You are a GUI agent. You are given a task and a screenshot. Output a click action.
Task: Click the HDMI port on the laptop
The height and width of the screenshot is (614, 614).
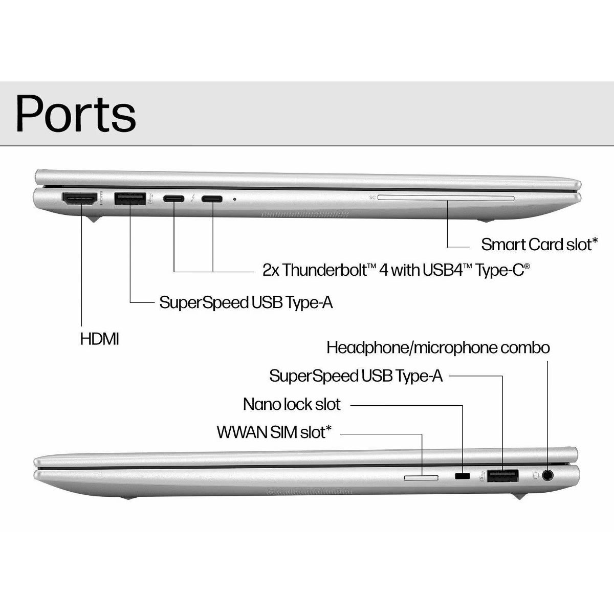(x=79, y=199)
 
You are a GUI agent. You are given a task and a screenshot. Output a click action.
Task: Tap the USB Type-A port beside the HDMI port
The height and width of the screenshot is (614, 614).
(x=130, y=199)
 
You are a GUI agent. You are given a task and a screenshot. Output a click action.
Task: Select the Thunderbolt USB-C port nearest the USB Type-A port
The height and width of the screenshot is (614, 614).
(x=174, y=199)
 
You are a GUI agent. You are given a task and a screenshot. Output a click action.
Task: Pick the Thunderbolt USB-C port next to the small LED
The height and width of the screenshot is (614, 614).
(x=212, y=199)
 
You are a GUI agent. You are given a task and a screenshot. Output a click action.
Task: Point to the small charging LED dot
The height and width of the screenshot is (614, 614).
(x=235, y=199)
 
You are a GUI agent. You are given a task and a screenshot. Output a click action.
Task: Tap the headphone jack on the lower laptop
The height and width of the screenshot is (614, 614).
(x=548, y=475)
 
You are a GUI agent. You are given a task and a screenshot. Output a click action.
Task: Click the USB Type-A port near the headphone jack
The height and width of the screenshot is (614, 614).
(x=502, y=476)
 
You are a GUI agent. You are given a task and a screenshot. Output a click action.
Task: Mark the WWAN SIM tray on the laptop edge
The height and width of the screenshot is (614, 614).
(x=422, y=477)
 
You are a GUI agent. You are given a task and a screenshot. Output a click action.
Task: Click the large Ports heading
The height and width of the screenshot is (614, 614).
(x=76, y=114)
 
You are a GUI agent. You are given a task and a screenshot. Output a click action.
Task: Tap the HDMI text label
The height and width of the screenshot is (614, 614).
(x=99, y=339)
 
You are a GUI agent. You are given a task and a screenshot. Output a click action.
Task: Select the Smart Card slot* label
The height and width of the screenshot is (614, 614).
(x=539, y=245)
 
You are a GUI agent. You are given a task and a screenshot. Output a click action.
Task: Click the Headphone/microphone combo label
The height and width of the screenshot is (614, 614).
(x=438, y=348)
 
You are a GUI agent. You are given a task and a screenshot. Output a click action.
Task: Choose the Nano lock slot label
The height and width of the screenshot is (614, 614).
(x=291, y=404)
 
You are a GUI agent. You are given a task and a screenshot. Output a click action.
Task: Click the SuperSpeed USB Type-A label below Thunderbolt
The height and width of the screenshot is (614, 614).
(x=246, y=302)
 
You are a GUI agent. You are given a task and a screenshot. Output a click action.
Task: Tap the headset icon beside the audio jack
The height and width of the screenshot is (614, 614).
(x=536, y=475)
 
